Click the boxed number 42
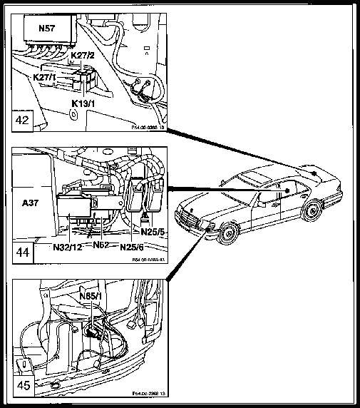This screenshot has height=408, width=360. [x=24, y=119]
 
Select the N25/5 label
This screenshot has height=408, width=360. [x=152, y=230]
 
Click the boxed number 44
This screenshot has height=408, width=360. [x=24, y=253]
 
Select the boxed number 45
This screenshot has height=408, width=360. [x=24, y=385]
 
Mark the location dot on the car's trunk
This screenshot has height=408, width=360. [x=313, y=171]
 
